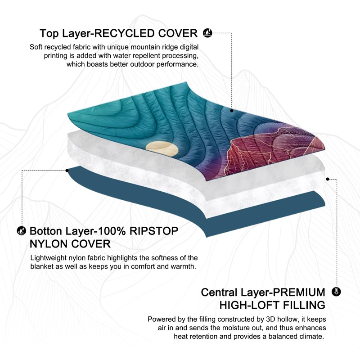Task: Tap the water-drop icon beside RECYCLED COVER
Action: pos(207,33)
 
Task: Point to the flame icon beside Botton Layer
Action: pos(21,231)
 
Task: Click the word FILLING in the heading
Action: pos(304,305)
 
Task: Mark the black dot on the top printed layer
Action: pos(232,110)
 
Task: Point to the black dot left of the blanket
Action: pos(67,170)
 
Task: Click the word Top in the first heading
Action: pos(49,33)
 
